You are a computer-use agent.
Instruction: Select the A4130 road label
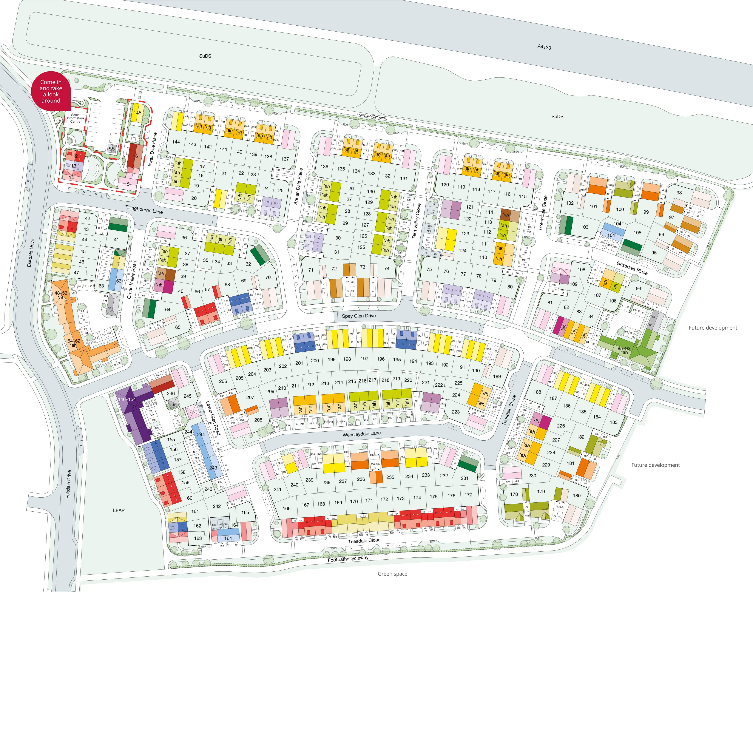pyautogui.click(x=544, y=47)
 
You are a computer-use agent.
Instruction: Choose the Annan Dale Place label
pyautogui.click(x=298, y=186)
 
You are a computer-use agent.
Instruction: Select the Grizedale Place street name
pyautogui.click(x=632, y=268)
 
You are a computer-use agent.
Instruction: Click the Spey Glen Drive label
pyautogui.click(x=359, y=316)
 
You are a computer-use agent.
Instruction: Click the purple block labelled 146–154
pyautogui.click(x=127, y=400)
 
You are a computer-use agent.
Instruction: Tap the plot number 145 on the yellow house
pyautogui.click(x=137, y=113)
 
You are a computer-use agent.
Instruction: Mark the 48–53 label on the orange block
pyautogui.click(x=61, y=293)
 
